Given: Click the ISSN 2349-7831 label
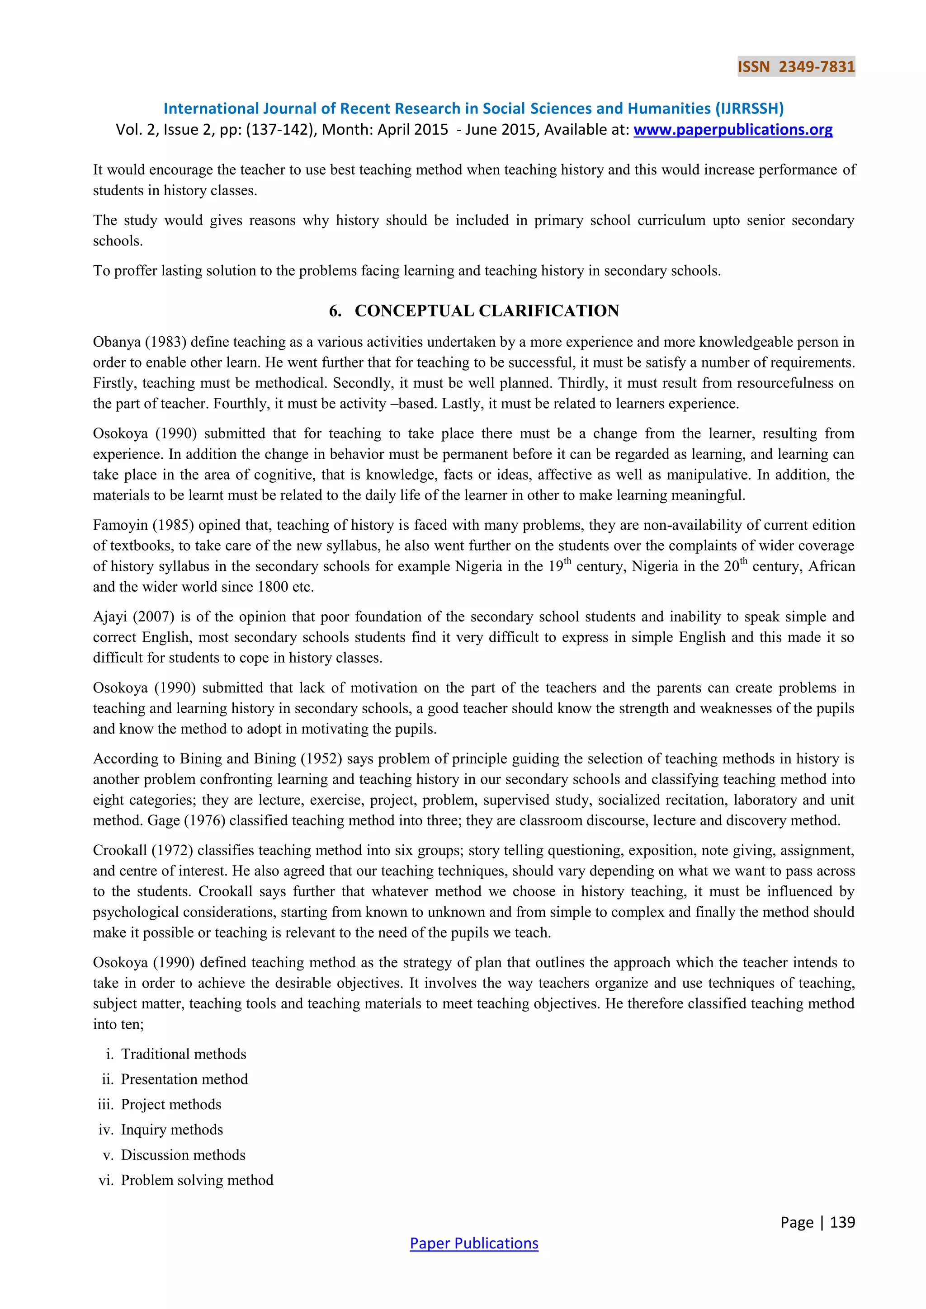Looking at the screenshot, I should click(x=796, y=67).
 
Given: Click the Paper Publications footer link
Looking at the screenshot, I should click(x=474, y=1243).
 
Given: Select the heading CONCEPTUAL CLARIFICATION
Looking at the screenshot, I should click(x=487, y=311).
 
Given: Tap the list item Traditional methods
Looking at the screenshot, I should click(x=184, y=1054).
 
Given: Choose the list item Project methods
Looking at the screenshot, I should click(x=171, y=1104).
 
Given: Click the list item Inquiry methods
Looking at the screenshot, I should click(x=172, y=1130).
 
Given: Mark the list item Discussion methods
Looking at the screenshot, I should click(x=183, y=1154).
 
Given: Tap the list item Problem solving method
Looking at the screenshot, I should click(x=197, y=1180).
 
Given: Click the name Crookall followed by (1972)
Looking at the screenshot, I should click(x=119, y=851).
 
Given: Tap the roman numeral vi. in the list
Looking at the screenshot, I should click(x=106, y=1180).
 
